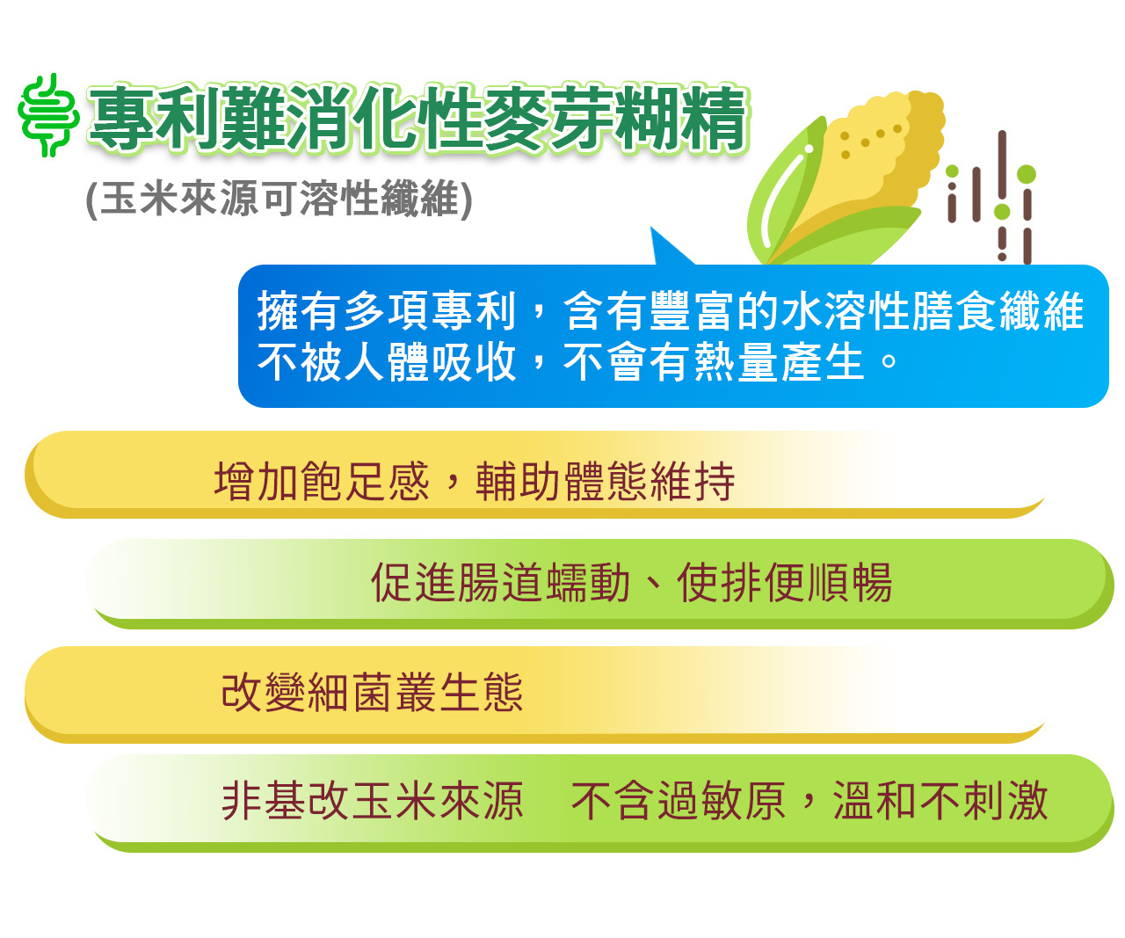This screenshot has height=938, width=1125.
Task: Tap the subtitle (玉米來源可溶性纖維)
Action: [279, 199]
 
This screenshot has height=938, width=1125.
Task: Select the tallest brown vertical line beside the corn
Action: [1002, 168]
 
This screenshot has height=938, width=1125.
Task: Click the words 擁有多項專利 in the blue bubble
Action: [387, 310]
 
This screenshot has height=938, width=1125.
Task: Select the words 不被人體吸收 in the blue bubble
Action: [387, 361]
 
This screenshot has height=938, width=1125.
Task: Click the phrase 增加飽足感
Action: [322, 481]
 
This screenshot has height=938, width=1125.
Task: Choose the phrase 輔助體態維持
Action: [605, 481]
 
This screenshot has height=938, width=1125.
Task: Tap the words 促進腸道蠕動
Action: [501, 582]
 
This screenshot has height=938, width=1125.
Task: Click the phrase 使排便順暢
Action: [785, 582]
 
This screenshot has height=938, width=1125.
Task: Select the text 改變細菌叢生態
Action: [373, 692]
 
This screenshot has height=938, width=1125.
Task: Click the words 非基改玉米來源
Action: [373, 801]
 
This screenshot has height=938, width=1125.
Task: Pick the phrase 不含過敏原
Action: [679, 801]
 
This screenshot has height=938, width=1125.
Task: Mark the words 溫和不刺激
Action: [940, 801]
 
